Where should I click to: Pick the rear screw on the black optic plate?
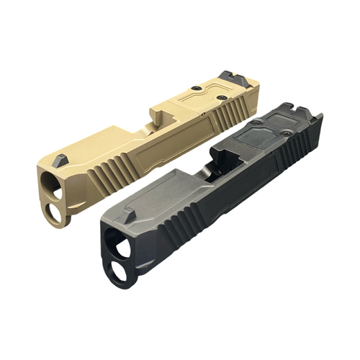[286, 132]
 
